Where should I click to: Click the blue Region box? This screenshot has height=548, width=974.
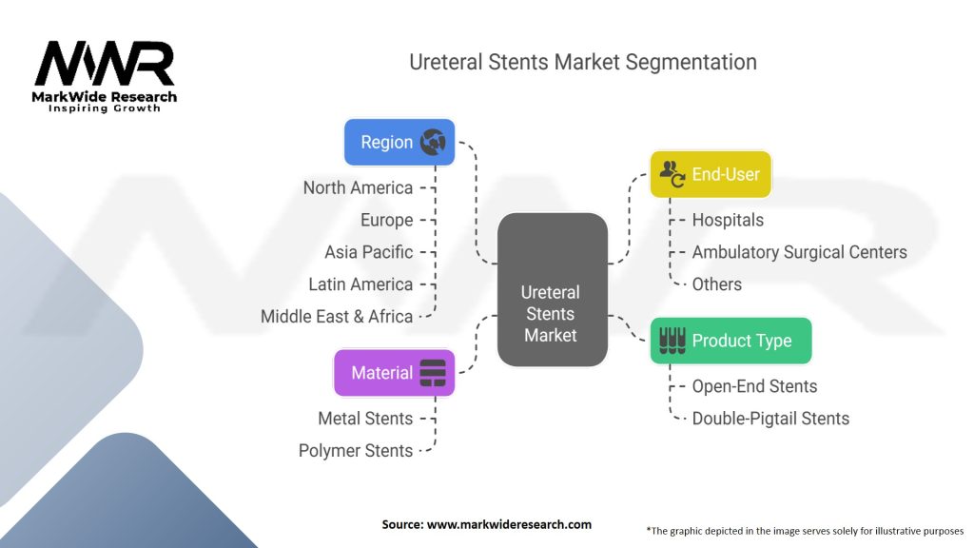tap(399, 143)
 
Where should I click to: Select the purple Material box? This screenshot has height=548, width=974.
tap(394, 373)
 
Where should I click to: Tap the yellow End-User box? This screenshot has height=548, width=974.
tap(711, 174)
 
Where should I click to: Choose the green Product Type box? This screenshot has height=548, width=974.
tap(730, 341)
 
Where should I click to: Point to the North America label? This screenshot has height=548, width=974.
tap(358, 188)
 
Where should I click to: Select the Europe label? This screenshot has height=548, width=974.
tap(386, 220)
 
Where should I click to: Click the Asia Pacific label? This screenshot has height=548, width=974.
tap(368, 252)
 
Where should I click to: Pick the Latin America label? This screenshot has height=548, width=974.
tap(360, 284)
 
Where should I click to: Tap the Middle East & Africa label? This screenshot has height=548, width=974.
tap(337, 317)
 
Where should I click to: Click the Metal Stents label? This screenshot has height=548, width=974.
tap(365, 419)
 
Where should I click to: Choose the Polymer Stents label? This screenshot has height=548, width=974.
tap(356, 451)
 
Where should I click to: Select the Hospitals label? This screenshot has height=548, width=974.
tap(728, 220)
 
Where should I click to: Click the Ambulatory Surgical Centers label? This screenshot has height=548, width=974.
tap(799, 252)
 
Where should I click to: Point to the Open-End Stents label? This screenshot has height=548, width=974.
tap(754, 386)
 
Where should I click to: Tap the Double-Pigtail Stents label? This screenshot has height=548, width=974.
tap(770, 419)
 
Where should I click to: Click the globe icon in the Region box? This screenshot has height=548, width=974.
tap(433, 143)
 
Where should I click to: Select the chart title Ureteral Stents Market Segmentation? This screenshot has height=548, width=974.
tap(583, 63)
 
